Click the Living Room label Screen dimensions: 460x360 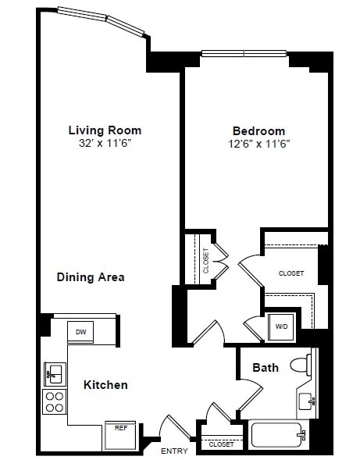(105, 130)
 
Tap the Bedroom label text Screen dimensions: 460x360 (259, 131)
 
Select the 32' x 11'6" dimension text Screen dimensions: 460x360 (105, 144)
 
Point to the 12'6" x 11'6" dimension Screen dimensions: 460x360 (259, 144)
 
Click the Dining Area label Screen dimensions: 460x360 (91, 277)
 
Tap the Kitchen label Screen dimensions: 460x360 (105, 385)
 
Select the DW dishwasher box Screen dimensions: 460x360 (80, 332)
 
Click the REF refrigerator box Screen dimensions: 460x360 (120, 429)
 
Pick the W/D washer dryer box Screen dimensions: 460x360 (280, 326)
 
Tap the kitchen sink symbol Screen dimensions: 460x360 (54, 375)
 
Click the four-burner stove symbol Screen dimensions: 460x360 (54, 401)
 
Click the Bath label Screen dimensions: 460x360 (265, 368)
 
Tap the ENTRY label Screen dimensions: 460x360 (174, 451)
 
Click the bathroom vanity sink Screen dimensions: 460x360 (307, 402)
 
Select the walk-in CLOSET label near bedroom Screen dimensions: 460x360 (291, 273)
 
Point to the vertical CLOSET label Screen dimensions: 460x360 (205, 259)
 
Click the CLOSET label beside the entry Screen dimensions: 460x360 (221, 444)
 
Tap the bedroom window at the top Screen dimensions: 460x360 (244, 54)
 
